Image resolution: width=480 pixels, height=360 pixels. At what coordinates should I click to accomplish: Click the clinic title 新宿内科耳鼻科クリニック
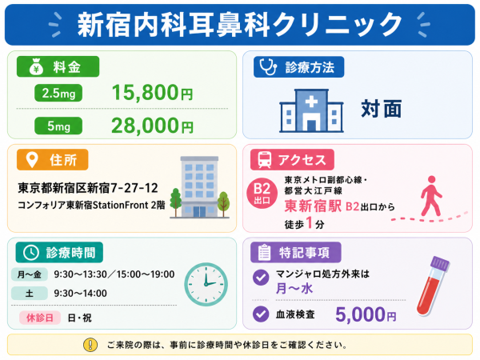point(239,25)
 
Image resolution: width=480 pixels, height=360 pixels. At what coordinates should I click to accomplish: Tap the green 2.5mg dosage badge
point(58,93)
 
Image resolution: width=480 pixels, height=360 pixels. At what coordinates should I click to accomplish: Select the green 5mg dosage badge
point(58,126)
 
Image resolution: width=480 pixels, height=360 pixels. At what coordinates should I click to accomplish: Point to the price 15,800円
point(152,93)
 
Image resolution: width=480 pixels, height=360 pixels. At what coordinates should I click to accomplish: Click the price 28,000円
point(152,126)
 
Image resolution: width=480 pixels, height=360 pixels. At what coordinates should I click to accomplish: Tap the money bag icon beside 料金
point(36,66)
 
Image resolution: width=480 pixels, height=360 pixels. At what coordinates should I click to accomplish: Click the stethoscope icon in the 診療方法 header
point(268,66)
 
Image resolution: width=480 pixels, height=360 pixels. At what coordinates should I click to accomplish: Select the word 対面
point(381,109)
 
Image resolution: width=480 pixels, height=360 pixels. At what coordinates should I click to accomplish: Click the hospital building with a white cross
point(311,111)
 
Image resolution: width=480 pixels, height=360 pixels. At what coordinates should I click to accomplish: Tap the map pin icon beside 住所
point(32,160)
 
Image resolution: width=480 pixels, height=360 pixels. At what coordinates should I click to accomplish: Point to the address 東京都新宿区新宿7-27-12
point(88,188)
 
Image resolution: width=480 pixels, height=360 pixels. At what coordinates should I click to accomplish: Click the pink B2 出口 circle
point(262,193)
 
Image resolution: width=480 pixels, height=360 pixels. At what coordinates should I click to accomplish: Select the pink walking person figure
point(431,196)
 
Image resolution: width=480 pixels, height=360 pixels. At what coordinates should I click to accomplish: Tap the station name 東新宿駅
point(313,206)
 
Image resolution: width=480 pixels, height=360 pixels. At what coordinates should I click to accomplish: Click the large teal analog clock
point(206,284)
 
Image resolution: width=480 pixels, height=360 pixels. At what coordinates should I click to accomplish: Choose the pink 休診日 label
point(40,318)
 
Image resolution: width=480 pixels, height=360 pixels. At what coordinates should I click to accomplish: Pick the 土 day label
point(30,294)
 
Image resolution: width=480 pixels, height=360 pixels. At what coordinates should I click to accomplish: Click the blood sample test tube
point(433,286)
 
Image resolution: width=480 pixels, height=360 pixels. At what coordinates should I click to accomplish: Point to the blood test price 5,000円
point(366,314)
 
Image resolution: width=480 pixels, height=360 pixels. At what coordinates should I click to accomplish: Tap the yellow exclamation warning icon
point(90,345)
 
